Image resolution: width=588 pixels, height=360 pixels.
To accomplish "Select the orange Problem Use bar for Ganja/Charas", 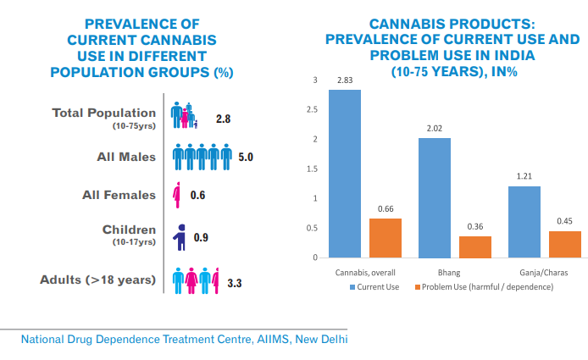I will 564,244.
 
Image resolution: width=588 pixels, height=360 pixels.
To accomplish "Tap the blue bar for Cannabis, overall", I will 345,174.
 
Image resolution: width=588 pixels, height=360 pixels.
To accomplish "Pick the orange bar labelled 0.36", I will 475,246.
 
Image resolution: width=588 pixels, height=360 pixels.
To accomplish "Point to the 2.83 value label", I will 345,81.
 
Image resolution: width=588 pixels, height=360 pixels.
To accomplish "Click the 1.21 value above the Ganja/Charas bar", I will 524,178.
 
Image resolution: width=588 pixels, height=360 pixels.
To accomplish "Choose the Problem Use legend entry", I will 484,287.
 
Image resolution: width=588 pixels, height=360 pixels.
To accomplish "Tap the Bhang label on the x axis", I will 449,274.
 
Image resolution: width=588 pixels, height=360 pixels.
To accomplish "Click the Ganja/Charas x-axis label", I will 544,274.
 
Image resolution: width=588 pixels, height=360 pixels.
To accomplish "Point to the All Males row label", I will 126,156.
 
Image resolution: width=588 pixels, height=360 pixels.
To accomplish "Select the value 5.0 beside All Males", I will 246,157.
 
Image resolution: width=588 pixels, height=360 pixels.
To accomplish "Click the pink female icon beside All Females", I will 177,196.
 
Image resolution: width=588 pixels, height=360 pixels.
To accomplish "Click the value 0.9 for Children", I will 201,237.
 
